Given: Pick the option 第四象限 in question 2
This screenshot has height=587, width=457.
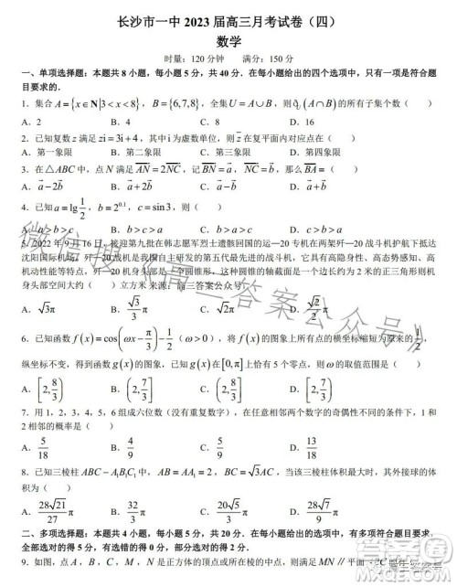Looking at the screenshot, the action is click(346, 151).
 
